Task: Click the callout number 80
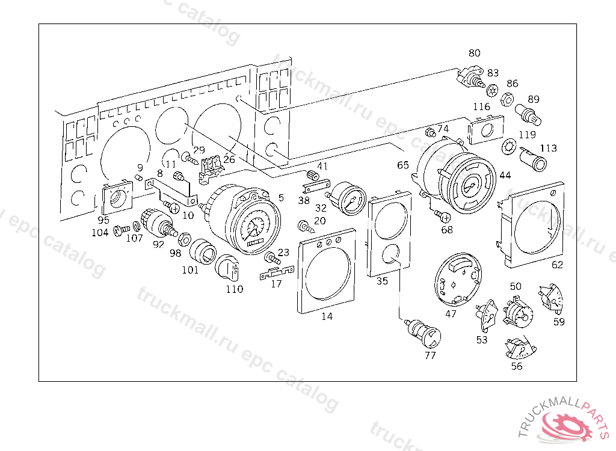(x=475, y=53)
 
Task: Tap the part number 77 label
(x=430, y=355)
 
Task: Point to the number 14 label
(x=327, y=316)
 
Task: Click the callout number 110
(x=234, y=289)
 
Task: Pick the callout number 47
(x=451, y=313)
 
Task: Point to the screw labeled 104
(x=121, y=230)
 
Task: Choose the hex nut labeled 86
(x=507, y=98)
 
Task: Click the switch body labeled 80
(x=472, y=77)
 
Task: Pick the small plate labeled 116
(x=484, y=129)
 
